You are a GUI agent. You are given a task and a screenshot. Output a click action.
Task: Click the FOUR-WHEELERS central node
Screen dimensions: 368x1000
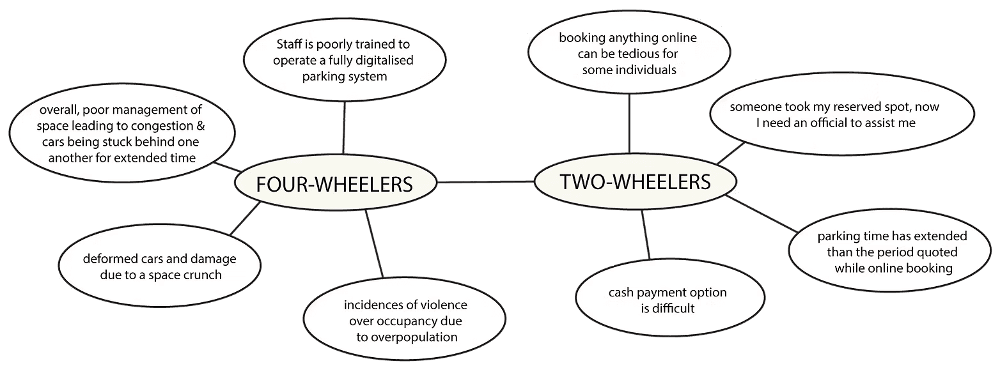click(334, 184)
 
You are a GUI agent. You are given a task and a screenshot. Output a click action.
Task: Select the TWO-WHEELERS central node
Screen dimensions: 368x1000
click(635, 182)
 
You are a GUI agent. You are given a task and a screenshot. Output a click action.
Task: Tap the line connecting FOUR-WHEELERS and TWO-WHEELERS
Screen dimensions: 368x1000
click(486, 182)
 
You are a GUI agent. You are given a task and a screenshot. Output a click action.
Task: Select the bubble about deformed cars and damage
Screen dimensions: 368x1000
click(159, 267)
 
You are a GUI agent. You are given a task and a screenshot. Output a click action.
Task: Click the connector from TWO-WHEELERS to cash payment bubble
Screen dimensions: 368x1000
click(646, 234)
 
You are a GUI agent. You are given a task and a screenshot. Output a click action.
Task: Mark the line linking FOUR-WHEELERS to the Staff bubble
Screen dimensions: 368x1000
click(345, 128)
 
